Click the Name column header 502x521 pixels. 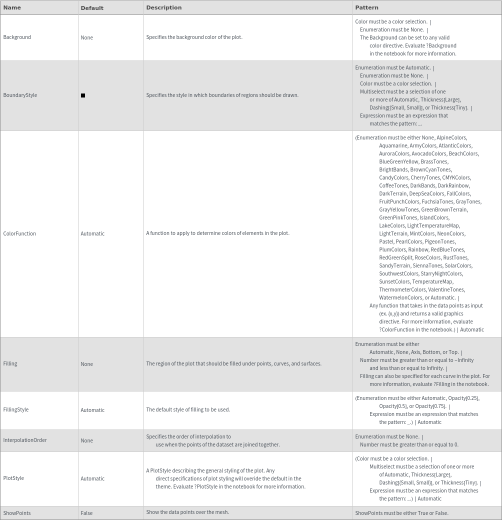(x=12, y=7)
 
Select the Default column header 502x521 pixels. (x=92, y=8)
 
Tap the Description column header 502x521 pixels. (x=163, y=7)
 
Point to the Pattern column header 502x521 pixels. (x=366, y=7)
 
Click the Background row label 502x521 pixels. (x=17, y=37)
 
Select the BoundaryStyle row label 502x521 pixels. (x=20, y=95)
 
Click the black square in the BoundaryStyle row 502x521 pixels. (x=83, y=95)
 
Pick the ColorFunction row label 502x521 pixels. (x=19, y=233)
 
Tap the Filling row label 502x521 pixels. (x=10, y=363)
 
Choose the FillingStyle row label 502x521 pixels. (x=16, y=409)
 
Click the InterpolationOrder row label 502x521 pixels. (x=25, y=440)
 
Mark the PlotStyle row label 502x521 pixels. (x=13, y=478)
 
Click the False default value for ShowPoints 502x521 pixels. (x=86, y=513)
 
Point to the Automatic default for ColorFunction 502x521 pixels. (x=92, y=233)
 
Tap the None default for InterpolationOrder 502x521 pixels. (x=86, y=440)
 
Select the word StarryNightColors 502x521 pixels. (x=441, y=273)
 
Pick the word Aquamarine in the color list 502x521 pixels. (x=393, y=145)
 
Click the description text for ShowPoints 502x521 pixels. (x=187, y=512)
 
